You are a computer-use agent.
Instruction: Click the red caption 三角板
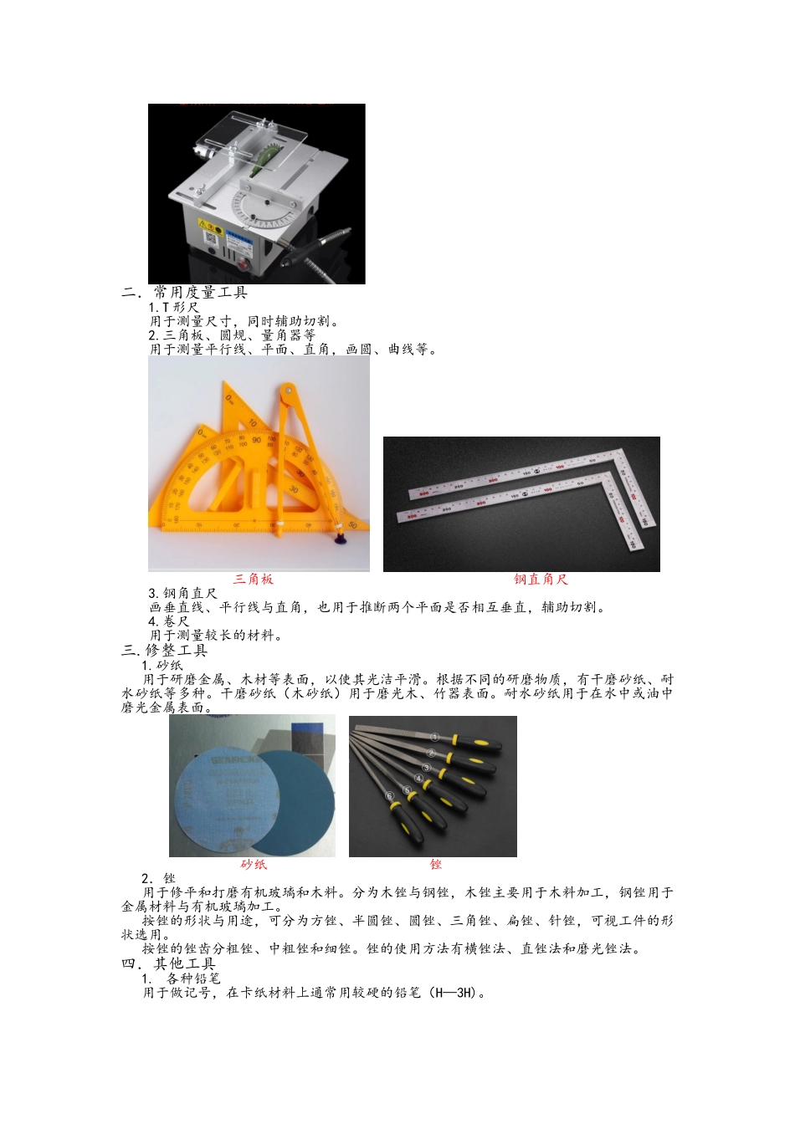click(x=253, y=579)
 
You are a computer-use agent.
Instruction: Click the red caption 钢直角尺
click(x=541, y=579)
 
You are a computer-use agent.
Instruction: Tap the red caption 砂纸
click(x=253, y=864)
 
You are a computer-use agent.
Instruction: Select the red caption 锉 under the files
click(x=435, y=864)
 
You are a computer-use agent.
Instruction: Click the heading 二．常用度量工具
click(x=185, y=292)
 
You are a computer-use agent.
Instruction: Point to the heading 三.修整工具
click(x=165, y=650)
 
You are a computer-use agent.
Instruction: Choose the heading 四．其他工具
click(x=169, y=963)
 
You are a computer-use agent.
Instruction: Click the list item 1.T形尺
click(x=174, y=307)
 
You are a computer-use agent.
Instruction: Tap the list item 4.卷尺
click(x=169, y=621)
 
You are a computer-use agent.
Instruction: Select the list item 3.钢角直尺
click(x=182, y=593)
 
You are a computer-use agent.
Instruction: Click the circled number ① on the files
click(x=435, y=737)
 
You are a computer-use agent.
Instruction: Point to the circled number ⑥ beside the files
click(x=389, y=795)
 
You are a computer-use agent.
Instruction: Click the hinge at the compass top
click(x=286, y=388)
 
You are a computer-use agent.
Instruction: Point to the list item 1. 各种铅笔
click(x=182, y=978)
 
